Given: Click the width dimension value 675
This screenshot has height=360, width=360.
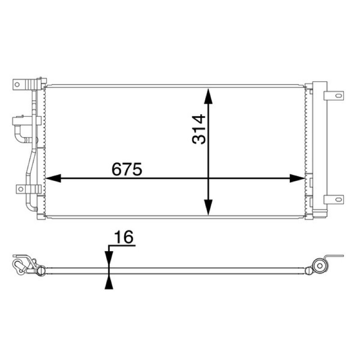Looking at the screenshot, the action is coord(127,169).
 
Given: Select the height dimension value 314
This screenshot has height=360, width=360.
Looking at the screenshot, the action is coord(199,129).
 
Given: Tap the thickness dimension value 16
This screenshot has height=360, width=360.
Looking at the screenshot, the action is coord(124,237).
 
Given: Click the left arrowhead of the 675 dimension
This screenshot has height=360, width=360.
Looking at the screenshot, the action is coord(53,178).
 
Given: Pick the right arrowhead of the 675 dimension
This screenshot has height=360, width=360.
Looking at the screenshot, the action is coord(297,178).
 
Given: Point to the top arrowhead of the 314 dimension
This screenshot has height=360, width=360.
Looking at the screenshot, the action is coord(208,96).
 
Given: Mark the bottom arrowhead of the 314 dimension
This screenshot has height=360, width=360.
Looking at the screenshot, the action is coord(208,207).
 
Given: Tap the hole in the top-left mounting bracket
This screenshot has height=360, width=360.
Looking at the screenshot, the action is coord(17,85).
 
